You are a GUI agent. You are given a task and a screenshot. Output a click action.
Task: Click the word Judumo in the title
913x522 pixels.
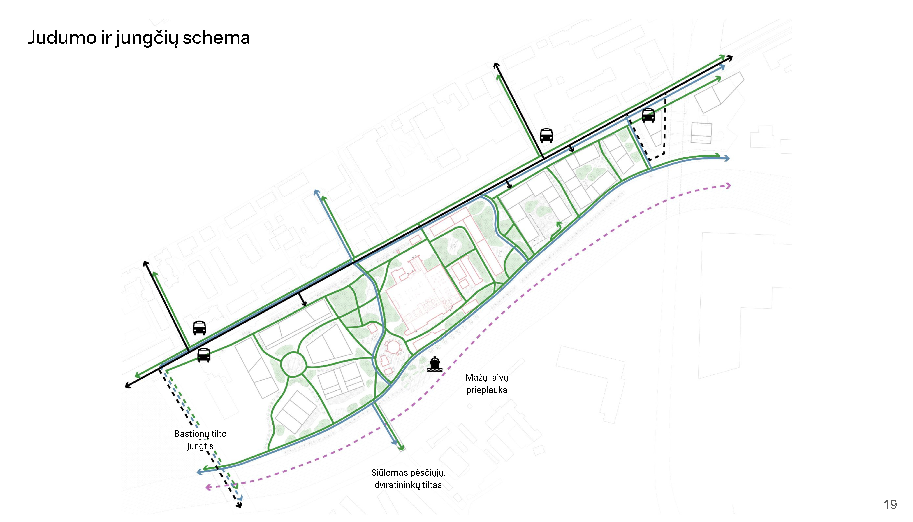[x=62, y=38]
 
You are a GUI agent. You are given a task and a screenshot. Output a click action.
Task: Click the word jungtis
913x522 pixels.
[x=200, y=446]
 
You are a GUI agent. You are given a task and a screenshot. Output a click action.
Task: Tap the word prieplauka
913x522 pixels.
[x=487, y=390]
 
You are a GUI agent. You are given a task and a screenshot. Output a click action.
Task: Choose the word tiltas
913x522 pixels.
[x=432, y=485]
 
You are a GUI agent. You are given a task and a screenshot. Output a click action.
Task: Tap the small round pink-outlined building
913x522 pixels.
[x=393, y=347]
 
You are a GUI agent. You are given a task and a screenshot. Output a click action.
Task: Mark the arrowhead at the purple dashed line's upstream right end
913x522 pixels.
[x=728, y=185]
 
